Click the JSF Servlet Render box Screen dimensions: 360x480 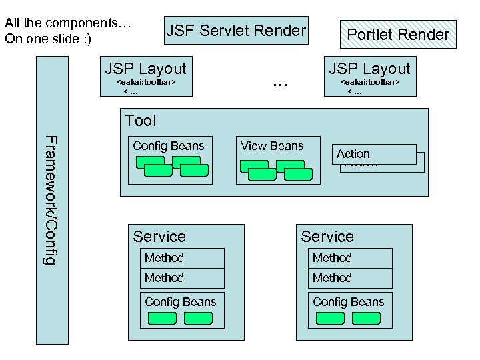click(236, 31)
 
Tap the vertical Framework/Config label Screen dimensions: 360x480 click(50, 199)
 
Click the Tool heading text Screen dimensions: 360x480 click(141, 121)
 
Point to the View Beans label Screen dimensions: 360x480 click(272, 146)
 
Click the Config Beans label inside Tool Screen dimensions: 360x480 click(169, 146)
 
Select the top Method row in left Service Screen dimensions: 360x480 click(182, 258)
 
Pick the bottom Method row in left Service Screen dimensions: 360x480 click(182, 278)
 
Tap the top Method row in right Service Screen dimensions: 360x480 click(350, 258)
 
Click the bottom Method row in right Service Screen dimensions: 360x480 click(350, 278)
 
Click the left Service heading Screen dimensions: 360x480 click(159, 237)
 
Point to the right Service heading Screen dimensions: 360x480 click(327, 237)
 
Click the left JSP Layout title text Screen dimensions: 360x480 click(146, 69)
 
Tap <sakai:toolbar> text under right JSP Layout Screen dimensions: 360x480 click(371, 82)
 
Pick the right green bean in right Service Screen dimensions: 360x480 click(366, 318)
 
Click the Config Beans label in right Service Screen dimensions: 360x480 click(349, 302)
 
